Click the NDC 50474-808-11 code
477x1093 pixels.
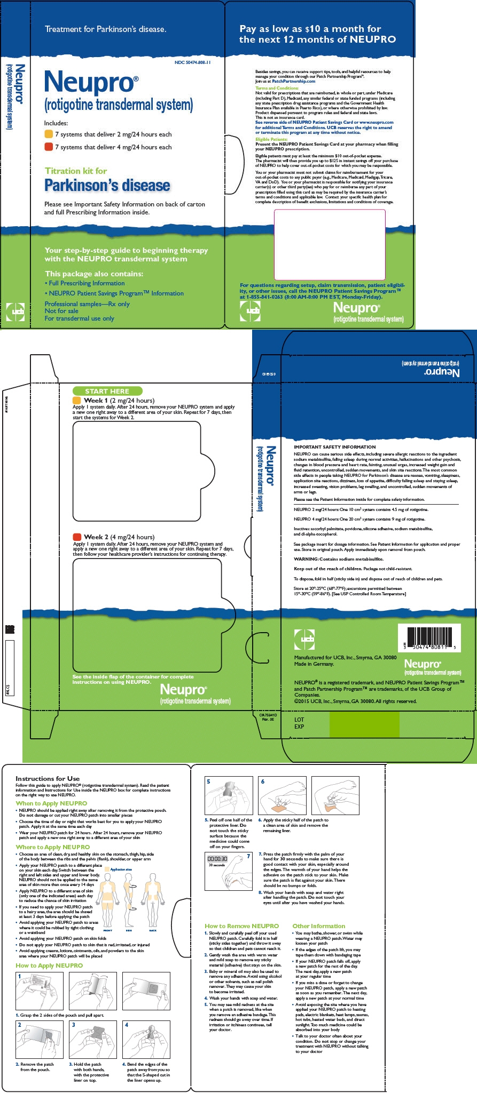coord(192,62)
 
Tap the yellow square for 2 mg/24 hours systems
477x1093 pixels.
coord(48,134)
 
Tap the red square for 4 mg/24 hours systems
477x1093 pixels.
coord(48,147)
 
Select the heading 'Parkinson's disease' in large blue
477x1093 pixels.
coord(107,186)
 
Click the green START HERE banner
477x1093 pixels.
coord(107,391)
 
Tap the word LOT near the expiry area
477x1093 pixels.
coord(299,720)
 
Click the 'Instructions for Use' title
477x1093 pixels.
coord(48,779)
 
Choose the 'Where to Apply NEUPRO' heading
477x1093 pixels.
coord(53,847)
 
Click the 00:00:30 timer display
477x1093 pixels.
coord(217,859)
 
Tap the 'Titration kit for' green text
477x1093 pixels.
coord(76,171)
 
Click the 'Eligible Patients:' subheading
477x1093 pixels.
coord(271,139)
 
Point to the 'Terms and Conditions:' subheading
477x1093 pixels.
coord(277,88)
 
